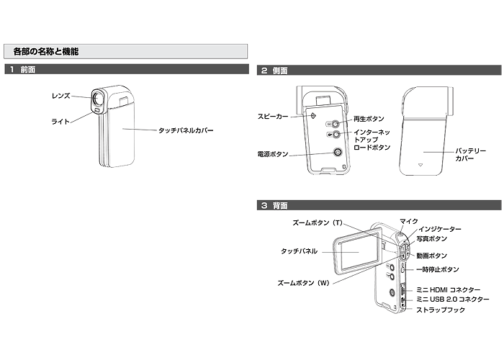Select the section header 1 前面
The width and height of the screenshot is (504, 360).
click(24, 70)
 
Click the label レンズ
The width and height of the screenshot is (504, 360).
click(60, 95)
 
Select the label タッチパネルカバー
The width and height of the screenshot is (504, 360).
click(186, 130)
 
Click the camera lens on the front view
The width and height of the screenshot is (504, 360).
click(97, 97)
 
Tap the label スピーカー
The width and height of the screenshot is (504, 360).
click(272, 116)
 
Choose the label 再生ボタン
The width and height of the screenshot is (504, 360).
click(369, 118)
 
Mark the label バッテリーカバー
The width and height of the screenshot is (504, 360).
click(470, 154)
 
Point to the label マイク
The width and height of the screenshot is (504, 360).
click(409, 221)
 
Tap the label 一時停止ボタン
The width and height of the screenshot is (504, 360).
click(437, 269)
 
